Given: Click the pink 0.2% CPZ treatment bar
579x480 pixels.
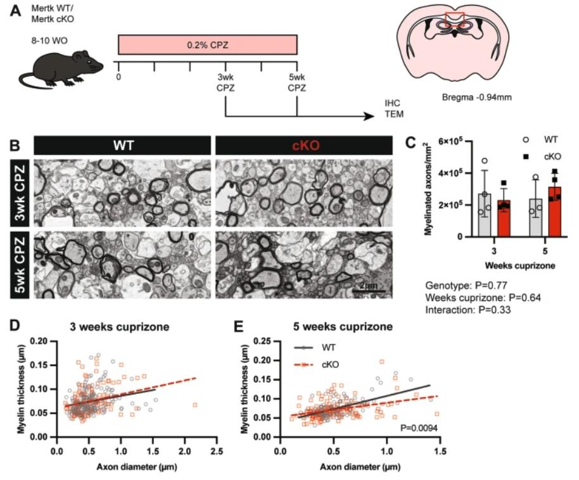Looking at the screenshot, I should (207, 45).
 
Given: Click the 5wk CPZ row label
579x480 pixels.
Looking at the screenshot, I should (20, 265).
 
